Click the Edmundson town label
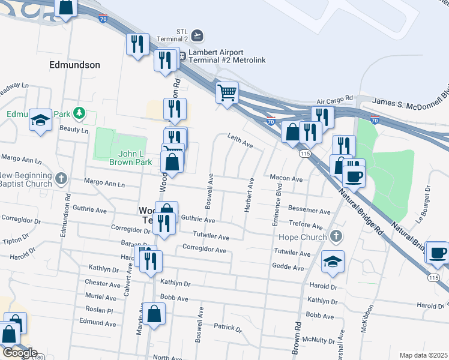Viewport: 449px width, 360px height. point(76,64)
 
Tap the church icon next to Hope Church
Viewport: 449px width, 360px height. point(337,237)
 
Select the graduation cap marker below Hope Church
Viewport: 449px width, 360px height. point(333,261)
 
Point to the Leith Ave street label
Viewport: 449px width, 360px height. point(240,142)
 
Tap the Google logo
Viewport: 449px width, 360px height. point(19,353)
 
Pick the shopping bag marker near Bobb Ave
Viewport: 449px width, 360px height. point(154,314)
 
